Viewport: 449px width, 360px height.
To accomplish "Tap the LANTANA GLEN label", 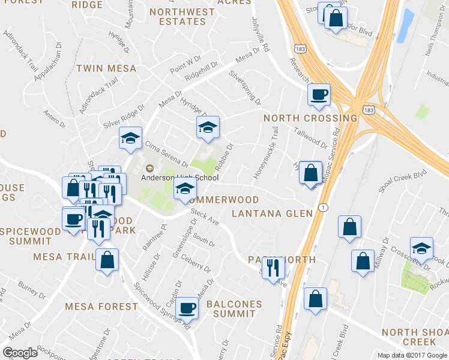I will point(273,214).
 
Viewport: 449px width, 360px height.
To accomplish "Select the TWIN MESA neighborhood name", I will point(106,69).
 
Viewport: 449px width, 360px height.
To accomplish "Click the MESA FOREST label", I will point(102,307).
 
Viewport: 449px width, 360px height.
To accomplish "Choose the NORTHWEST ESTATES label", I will point(182,16).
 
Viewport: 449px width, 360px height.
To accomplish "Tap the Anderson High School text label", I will point(171,178).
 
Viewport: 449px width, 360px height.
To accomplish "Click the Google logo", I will point(20,353).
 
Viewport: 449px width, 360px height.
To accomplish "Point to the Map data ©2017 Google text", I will point(412,355).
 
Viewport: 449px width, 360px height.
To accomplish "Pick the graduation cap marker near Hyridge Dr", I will point(208,127).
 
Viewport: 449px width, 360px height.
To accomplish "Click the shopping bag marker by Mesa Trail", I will point(107,260).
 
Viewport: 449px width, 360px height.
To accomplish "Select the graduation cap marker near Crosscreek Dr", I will point(421,248).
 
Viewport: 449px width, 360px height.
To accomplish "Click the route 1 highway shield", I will point(324,208).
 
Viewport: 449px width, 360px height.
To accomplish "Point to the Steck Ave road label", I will point(205,217).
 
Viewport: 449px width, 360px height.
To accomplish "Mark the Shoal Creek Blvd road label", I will point(402,179).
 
